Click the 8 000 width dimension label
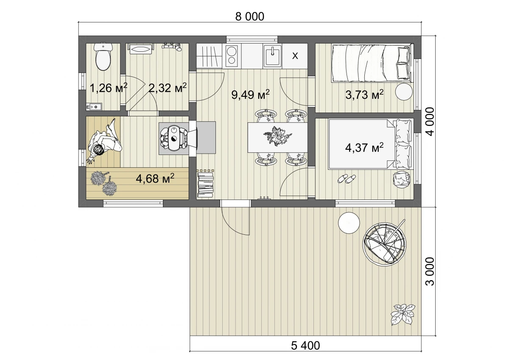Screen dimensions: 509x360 (x=249, y=17)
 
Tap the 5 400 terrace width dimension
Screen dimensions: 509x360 (x=305, y=346)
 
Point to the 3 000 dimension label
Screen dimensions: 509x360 (x=429, y=271)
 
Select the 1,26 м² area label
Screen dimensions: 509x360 (x=109, y=88)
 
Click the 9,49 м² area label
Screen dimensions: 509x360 (x=250, y=94)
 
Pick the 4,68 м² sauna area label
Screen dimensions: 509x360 (x=155, y=179)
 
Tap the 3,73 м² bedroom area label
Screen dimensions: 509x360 (x=364, y=95)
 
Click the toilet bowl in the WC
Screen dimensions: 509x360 (x=103, y=56)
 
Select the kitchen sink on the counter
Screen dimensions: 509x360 (x=272, y=55)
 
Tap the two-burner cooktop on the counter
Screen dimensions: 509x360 (x=232, y=56)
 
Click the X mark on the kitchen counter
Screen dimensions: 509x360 (x=295, y=56)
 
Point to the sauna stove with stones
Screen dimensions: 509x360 (x=173, y=138)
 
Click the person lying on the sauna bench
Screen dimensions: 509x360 (x=104, y=141)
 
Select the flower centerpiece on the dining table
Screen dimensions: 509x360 (x=278, y=136)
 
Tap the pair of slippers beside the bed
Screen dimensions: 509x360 (x=347, y=179)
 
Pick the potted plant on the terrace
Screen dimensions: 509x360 (x=403, y=314)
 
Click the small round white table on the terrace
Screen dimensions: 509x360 (x=349, y=222)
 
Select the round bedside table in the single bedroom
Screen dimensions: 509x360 (x=404, y=92)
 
